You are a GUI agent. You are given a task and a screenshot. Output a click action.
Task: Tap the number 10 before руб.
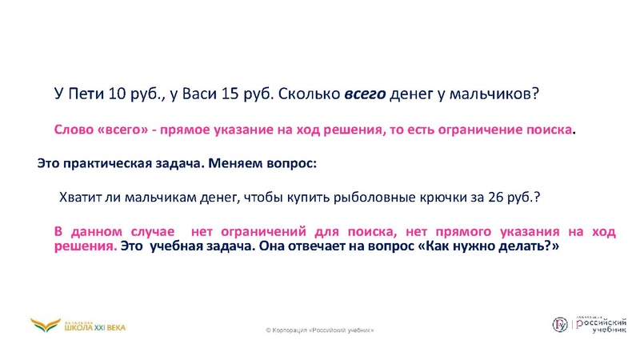(x=117, y=94)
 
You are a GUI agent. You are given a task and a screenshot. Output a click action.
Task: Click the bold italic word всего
(x=365, y=94)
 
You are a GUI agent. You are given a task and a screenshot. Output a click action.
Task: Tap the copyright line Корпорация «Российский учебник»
(x=319, y=330)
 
